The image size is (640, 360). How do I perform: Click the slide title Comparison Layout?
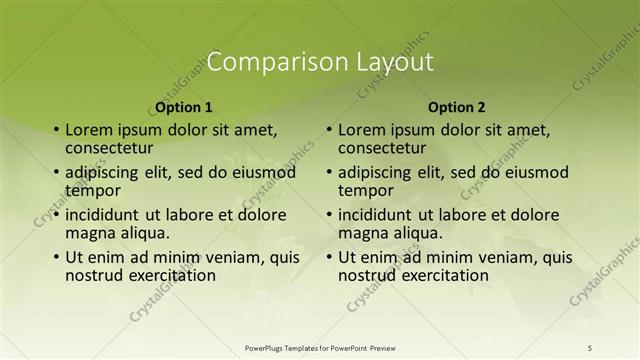[x=320, y=62]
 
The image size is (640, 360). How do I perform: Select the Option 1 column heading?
[x=184, y=107]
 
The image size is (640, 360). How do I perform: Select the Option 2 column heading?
[x=456, y=107]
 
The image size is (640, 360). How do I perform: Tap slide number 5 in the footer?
[x=590, y=348]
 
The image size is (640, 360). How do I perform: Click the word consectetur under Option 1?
[x=108, y=147]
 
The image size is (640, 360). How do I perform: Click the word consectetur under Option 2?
[x=381, y=147]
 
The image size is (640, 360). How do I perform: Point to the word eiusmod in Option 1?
[x=264, y=172]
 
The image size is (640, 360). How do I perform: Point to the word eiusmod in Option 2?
[x=537, y=172]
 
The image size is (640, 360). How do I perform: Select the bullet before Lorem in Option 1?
[x=55, y=130]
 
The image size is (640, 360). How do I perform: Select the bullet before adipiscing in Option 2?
[x=328, y=172]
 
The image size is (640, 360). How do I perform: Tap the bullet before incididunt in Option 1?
[x=55, y=215]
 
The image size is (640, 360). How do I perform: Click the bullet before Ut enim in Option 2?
[x=328, y=257]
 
